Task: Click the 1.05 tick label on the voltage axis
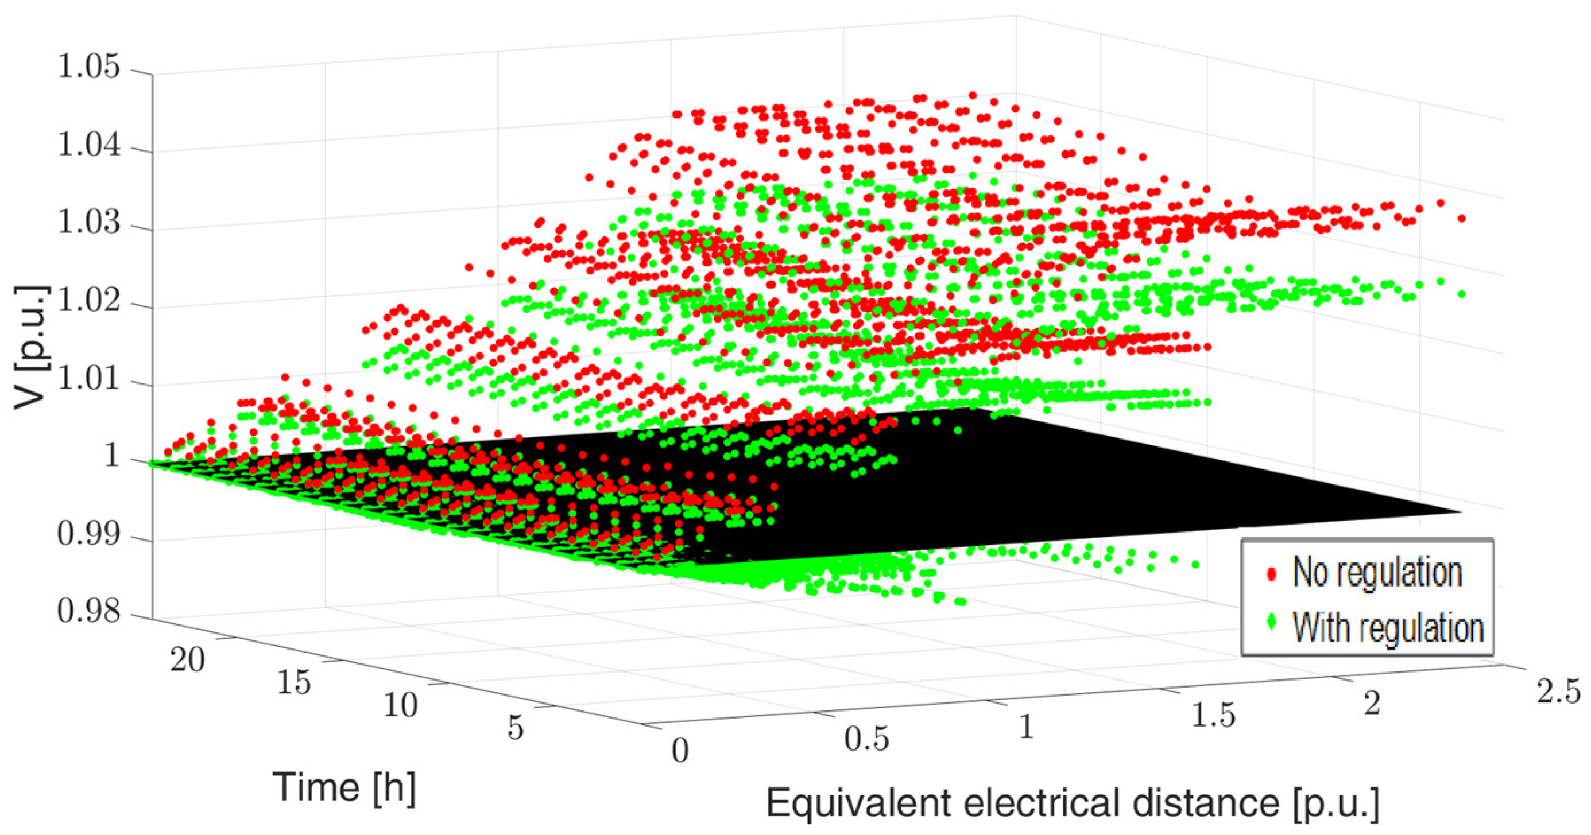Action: [89, 67]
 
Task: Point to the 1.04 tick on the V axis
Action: [89, 146]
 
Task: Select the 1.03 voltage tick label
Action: [89, 223]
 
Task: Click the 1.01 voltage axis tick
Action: [89, 379]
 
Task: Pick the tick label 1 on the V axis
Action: [113, 457]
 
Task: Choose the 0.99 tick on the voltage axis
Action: [89, 534]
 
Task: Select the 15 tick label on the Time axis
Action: [294, 682]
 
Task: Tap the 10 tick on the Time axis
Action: [400, 705]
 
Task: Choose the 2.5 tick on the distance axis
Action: [1558, 692]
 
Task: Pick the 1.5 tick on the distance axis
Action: [1213, 715]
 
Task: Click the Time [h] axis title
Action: [344, 787]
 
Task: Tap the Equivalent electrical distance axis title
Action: [1073, 804]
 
